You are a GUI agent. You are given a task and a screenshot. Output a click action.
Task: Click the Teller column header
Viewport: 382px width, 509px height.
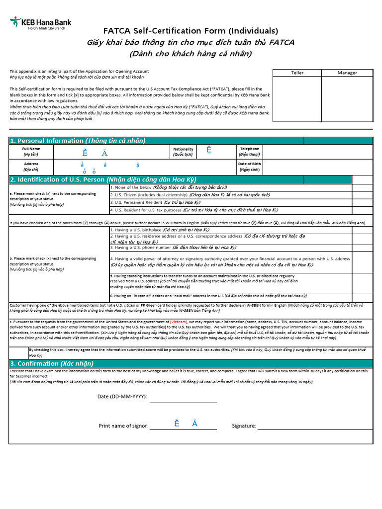click(x=297, y=73)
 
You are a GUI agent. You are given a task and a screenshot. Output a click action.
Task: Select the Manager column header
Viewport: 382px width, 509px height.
click(x=347, y=73)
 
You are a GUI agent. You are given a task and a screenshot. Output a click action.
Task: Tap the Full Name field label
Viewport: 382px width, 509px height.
click(x=31, y=151)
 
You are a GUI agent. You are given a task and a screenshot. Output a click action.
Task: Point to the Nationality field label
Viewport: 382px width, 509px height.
click(x=183, y=151)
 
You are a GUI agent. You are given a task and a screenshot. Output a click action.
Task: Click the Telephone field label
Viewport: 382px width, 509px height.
click(x=249, y=151)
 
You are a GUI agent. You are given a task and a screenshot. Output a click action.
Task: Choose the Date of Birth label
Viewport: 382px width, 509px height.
click(x=249, y=167)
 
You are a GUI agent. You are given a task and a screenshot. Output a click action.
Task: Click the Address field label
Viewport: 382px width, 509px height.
click(x=31, y=167)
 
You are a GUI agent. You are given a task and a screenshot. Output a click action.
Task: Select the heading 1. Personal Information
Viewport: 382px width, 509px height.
click(x=78, y=141)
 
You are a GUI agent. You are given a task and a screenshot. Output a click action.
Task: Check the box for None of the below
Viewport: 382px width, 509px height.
click(x=362, y=187)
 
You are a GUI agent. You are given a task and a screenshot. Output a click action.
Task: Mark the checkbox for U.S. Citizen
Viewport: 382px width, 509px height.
click(x=362, y=195)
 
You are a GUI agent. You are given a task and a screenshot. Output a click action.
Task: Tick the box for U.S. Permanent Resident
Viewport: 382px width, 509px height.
click(x=362, y=202)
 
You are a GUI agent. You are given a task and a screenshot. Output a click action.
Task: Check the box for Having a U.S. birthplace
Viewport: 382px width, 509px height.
click(x=362, y=230)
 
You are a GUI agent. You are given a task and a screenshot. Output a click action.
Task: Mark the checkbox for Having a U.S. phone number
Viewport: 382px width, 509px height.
click(x=362, y=247)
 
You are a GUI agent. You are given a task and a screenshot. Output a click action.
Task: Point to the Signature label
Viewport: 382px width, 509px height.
click(x=244, y=426)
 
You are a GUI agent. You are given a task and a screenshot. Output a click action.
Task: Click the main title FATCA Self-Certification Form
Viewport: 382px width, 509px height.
click(x=191, y=31)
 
